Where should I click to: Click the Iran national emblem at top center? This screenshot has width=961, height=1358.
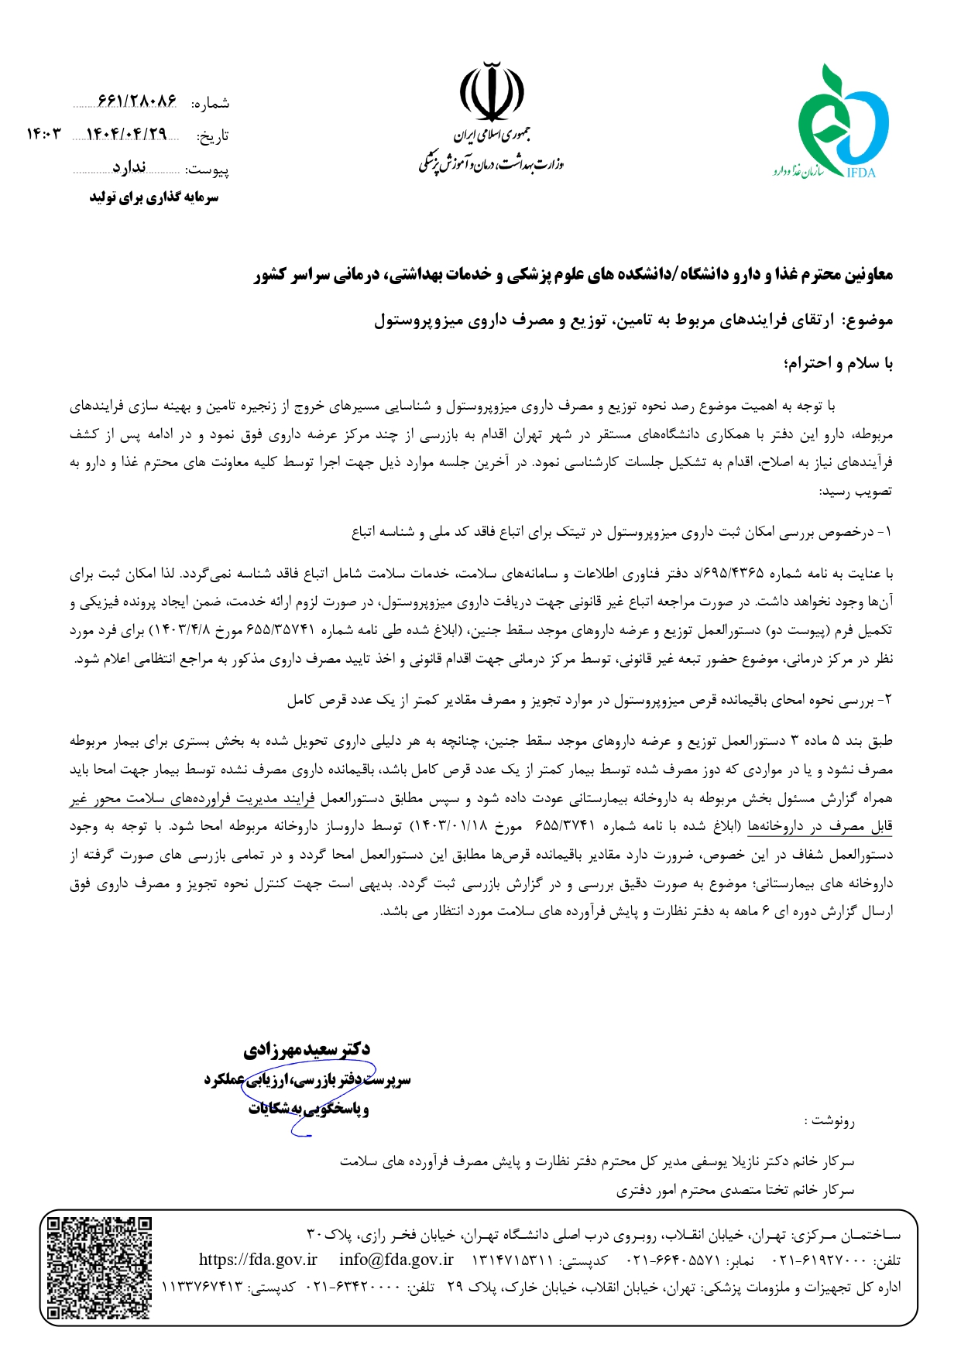[493, 91]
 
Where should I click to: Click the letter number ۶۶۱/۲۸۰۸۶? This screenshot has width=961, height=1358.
[137, 101]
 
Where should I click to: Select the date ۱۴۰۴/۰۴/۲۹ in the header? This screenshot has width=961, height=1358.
[127, 134]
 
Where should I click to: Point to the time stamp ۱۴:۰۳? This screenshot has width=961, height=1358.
[43, 134]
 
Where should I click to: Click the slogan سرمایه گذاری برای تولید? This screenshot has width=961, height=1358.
[154, 197]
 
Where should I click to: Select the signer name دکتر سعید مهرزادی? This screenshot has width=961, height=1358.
[307, 1050]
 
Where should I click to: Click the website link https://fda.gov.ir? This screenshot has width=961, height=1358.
[258, 1260]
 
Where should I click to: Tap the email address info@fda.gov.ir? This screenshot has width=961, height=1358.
[396, 1260]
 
